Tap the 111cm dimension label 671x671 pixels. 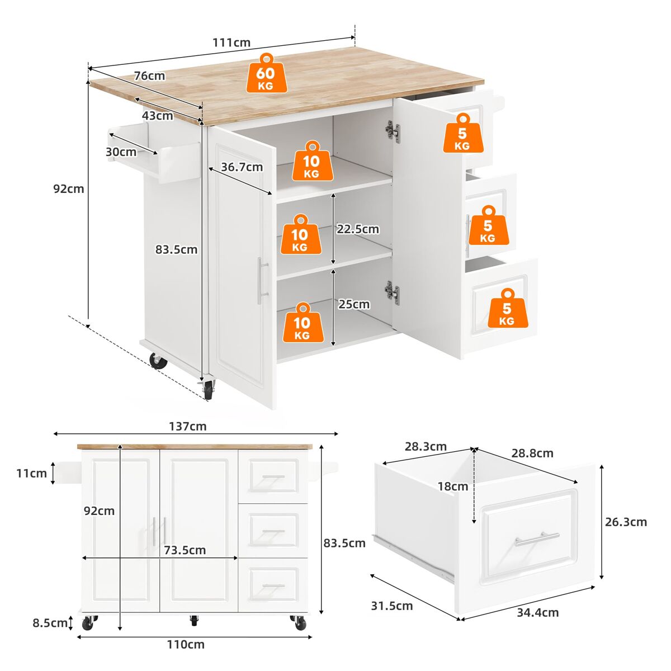[x=231, y=42]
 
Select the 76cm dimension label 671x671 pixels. [x=150, y=75]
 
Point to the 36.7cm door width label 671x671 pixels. [x=242, y=167]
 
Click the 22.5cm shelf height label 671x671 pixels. [x=358, y=229]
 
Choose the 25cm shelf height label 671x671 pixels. [x=354, y=304]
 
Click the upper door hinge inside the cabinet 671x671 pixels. [x=393, y=131]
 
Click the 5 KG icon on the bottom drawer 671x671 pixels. [x=507, y=308]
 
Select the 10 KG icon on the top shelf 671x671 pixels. [x=313, y=160]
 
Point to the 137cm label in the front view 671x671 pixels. [x=188, y=426]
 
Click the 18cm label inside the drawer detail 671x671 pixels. [x=453, y=486]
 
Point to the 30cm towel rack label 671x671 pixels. [x=121, y=152]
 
